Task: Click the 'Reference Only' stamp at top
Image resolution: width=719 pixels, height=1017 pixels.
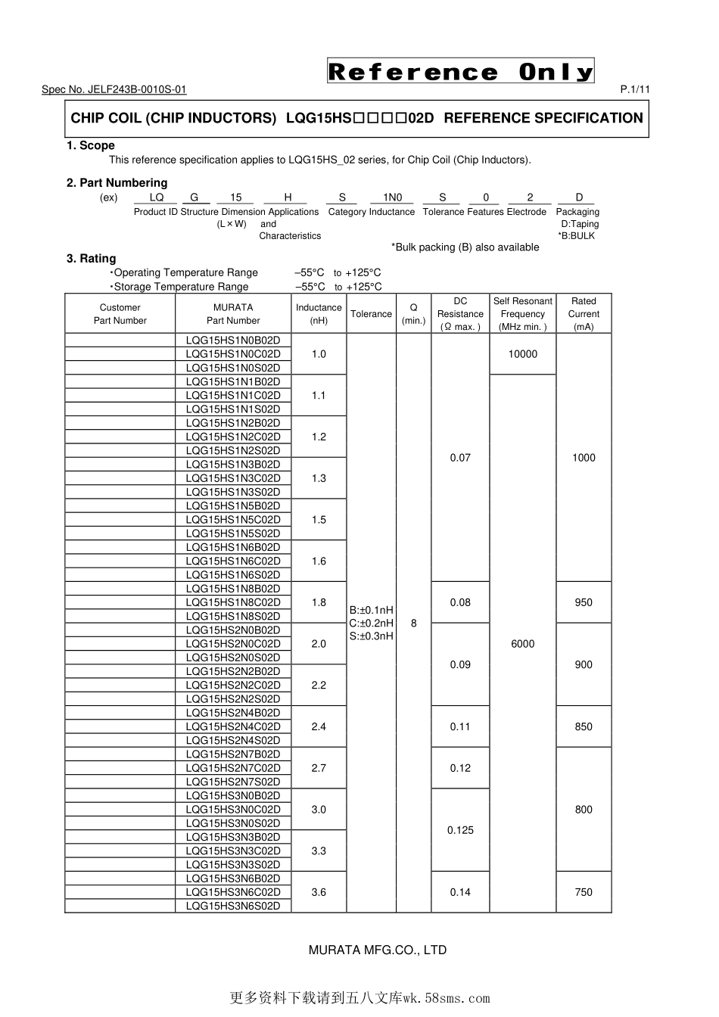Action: [460, 71]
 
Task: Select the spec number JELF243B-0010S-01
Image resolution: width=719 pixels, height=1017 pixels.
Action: [114, 89]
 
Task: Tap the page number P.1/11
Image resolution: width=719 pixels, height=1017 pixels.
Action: [635, 89]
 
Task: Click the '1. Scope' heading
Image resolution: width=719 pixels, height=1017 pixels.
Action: [91, 145]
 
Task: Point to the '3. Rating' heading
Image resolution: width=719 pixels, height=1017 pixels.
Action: [92, 258]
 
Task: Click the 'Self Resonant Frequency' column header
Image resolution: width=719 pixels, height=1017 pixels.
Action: [522, 313]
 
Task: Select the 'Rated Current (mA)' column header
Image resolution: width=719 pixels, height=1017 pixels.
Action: [584, 313]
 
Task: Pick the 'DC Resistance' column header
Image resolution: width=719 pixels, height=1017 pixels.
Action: [460, 313]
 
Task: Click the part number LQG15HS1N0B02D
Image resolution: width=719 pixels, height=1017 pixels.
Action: [233, 341]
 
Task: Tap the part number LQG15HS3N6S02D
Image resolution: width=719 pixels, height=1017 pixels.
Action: [233, 906]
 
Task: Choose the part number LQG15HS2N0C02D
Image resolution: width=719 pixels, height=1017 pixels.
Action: [233, 644]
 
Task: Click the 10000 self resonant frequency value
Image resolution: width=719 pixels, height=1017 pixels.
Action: [522, 354]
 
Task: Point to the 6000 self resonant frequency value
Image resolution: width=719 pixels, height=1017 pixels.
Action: [522, 644]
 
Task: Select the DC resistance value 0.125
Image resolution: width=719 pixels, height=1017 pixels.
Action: [460, 830]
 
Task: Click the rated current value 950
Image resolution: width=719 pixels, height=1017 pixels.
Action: [584, 602]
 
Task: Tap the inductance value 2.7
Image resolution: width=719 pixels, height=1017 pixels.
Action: [319, 768]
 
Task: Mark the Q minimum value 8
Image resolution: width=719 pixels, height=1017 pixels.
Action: [413, 624]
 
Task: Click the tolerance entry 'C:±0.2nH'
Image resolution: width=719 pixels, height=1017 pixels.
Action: [371, 624]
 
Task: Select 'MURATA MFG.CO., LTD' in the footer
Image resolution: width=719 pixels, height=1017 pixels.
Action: [378, 950]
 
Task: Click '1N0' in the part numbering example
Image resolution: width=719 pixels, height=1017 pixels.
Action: [393, 197]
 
